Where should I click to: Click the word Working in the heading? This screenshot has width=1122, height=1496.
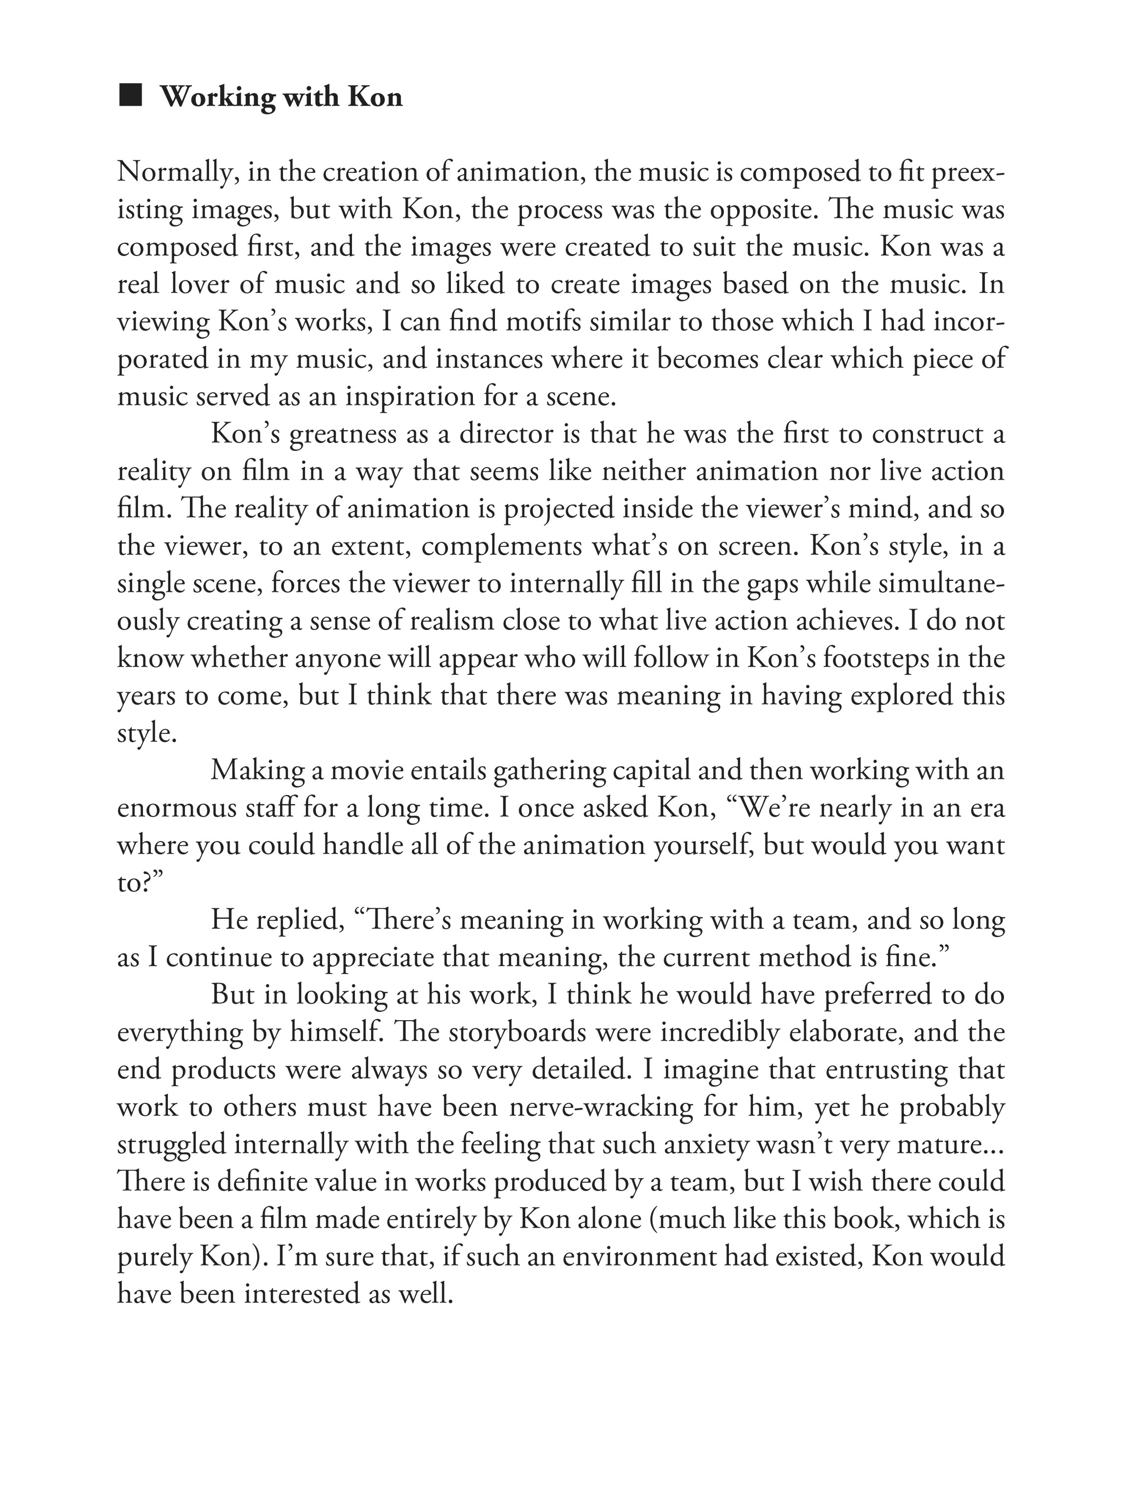216,97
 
